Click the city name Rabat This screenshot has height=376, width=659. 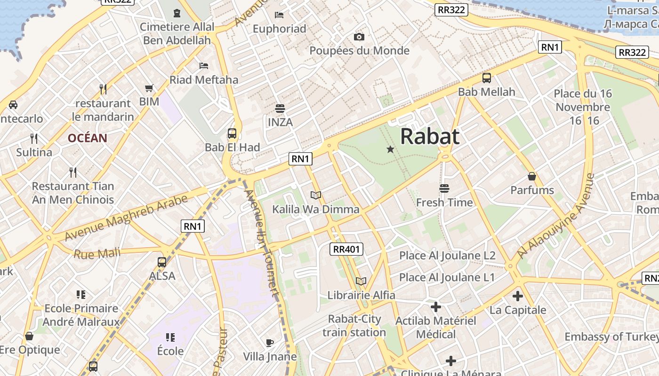[429, 137]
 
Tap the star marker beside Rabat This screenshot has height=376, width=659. [390, 149]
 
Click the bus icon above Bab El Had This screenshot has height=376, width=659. [232, 133]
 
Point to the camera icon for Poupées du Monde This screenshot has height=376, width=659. [359, 37]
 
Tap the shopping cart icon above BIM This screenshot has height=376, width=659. [149, 88]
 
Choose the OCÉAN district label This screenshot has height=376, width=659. [88, 138]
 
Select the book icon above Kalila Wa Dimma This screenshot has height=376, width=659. [316, 195]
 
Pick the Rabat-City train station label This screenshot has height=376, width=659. [354, 326]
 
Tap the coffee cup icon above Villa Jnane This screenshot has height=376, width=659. [270, 343]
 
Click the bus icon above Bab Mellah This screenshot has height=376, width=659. [487, 78]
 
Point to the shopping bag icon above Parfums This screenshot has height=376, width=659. [532, 176]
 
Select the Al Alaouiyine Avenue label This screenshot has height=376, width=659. [555, 217]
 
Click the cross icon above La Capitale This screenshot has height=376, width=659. [518, 296]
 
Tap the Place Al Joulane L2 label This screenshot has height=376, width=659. [447, 256]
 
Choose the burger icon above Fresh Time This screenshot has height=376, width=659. [444, 188]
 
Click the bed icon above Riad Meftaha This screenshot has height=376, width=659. [204, 65]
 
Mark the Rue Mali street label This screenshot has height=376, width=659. [97, 254]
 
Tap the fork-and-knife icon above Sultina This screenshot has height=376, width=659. [34, 138]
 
